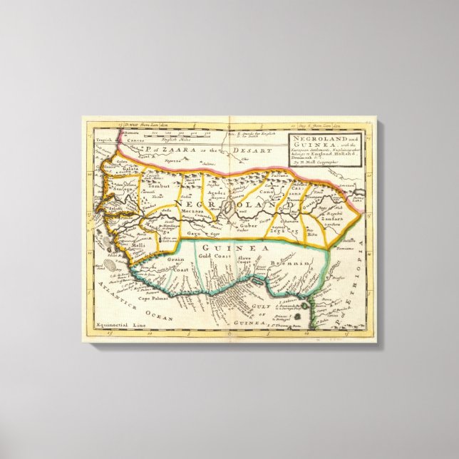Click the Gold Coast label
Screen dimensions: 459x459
[x=213, y=255]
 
